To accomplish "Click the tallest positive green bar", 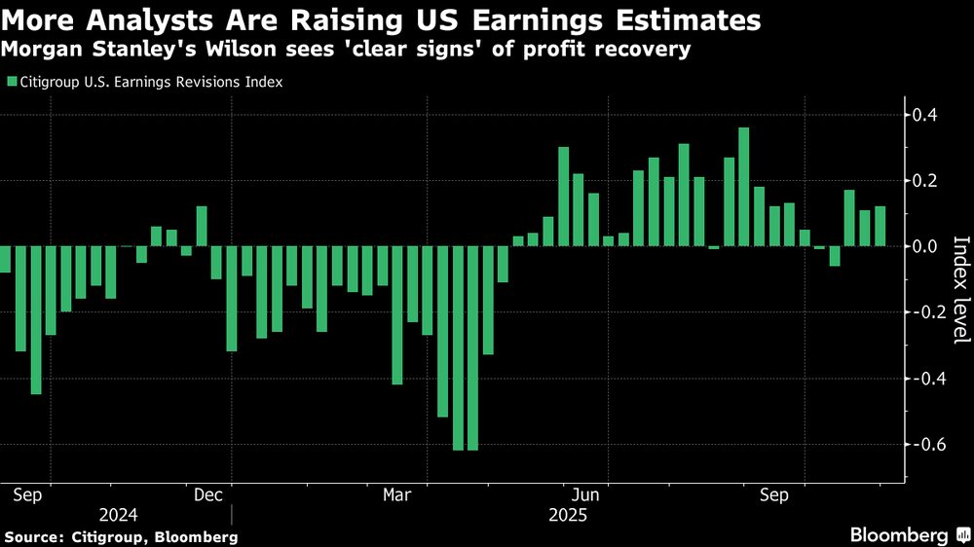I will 744,187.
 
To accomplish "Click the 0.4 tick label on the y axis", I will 925,115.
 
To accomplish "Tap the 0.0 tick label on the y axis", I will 925,246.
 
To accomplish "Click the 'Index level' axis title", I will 959,289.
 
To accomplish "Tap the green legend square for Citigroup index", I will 12,83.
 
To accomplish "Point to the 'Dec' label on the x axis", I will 210,495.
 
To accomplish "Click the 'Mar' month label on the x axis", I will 396,495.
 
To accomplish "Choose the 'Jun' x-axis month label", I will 585,495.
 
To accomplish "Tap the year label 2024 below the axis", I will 117,514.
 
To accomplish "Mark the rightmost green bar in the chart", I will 880,226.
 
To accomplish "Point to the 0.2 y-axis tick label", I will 925,180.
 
